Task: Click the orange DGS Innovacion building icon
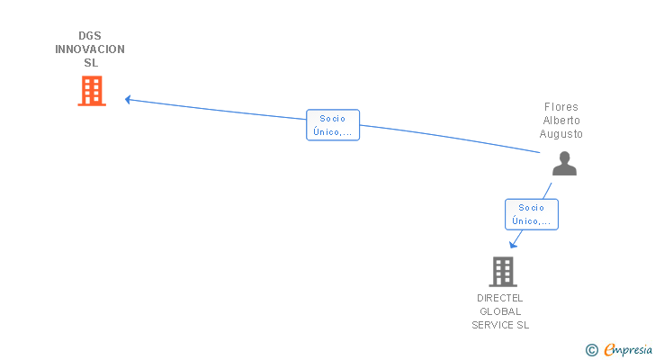point(91,91)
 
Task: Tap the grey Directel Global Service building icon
point(502,271)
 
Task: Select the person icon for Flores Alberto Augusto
point(564,163)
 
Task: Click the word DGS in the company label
point(90,36)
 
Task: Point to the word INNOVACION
point(90,49)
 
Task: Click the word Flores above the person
point(561,107)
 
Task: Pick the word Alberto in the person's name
point(561,121)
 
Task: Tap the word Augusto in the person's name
point(561,134)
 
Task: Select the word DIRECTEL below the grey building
point(500,298)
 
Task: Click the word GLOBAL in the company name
point(500,311)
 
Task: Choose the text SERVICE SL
point(500,325)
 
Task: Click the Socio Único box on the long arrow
point(333,125)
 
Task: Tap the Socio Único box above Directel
point(532,214)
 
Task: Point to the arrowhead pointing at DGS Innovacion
point(128,99)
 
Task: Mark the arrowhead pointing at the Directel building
point(512,244)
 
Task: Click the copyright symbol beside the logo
point(592,350)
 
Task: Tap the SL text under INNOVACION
point(90,63)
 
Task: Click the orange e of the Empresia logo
point(609,350)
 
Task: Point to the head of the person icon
point(564,157)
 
